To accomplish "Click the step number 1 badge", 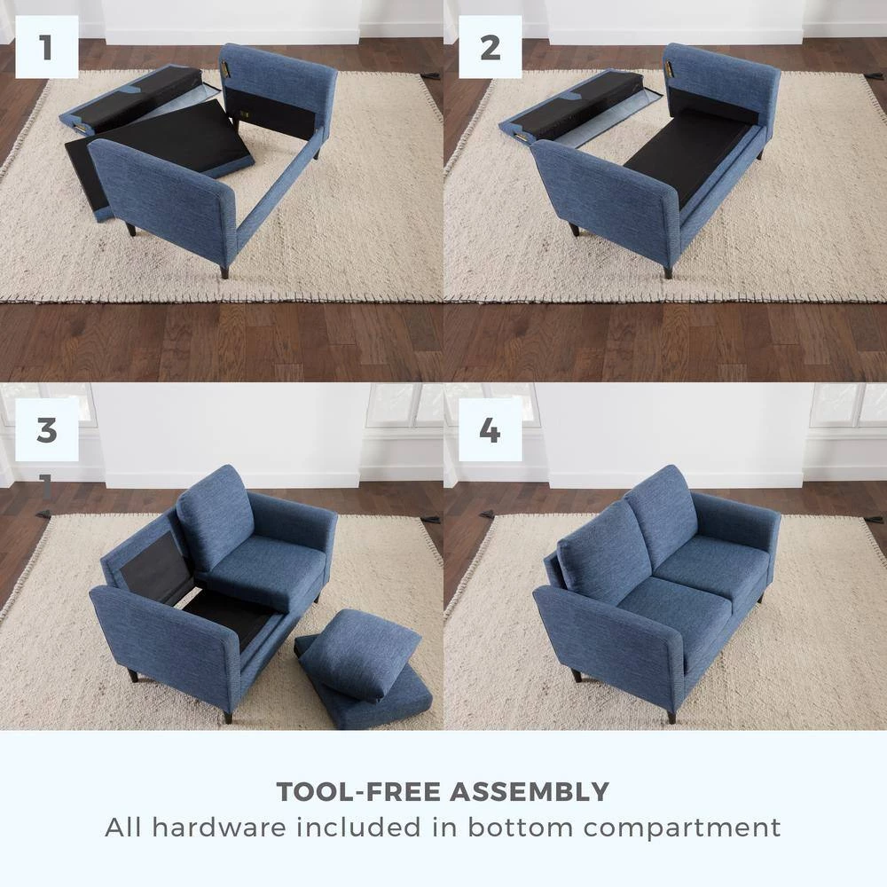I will point(46,47).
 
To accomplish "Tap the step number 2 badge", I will point(490,47).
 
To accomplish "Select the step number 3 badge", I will point(46,430).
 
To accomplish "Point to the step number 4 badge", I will point(490,430).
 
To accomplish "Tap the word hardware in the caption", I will point(221,828).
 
